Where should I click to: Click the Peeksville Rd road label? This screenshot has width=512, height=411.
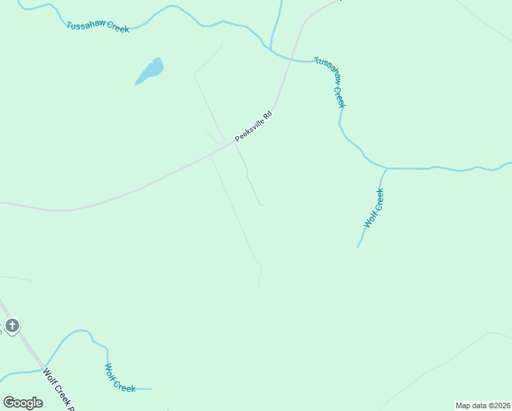coord(253,127)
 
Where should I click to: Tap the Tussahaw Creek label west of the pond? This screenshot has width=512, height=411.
coord(98,27)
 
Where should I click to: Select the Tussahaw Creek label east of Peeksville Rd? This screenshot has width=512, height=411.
coord(331,81)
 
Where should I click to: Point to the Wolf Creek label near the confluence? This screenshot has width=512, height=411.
coord(374,208)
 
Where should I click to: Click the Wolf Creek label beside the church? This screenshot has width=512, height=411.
coord(120,377)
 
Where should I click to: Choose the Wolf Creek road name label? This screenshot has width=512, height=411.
coord(57,390)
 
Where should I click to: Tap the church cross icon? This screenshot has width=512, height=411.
coord(12,325)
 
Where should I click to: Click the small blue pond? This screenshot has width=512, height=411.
coord(150,71)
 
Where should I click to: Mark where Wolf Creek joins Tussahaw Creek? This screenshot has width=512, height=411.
coord(387,168)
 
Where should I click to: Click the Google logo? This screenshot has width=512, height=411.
coord(23,402)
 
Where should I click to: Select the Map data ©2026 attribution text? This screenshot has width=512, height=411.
coord(483,406)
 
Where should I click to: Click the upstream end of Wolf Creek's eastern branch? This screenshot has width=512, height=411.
coord(357,247)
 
